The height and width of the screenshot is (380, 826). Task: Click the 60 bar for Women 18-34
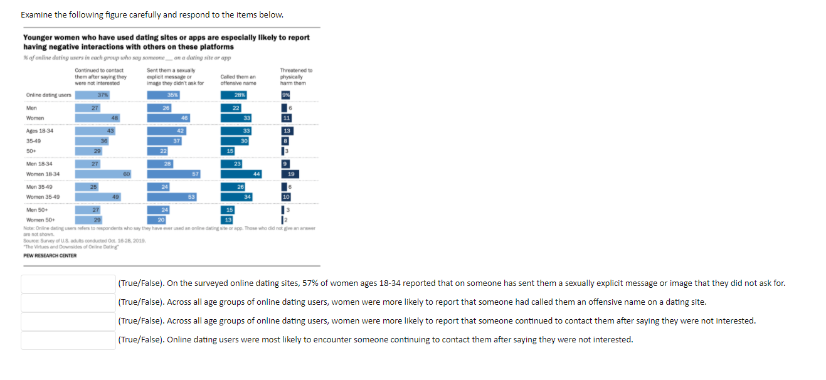pos(103,174)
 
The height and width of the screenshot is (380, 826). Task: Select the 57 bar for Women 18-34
pos(173,174)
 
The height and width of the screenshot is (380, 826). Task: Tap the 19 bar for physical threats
pos(290,174)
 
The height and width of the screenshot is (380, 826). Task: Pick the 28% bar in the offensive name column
pos(235,95)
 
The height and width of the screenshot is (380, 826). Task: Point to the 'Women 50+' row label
pos(41,219)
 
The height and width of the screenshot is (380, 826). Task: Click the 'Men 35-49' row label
pos(40,187)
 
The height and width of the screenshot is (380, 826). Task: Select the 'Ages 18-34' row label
pos(40,130)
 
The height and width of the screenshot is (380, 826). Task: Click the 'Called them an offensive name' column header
pos(238,80)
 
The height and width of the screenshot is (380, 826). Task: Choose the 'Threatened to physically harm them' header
pos(296,77)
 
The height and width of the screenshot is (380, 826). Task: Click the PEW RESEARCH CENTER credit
pos(50,255)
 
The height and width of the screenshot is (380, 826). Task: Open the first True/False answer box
pos(68,283)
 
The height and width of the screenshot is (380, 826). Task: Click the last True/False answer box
pos(68,340)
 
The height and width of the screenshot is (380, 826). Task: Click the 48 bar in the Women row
pos(98,118)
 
